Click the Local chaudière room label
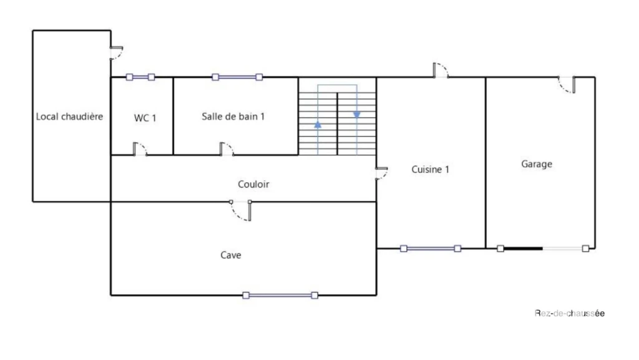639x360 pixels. (x=69, y=117)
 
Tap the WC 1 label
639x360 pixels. (x=145, y=118)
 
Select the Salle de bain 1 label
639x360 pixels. (x=233, y=117)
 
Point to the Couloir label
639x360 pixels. (x=253, y=184)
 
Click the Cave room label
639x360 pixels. (x=231, y=255)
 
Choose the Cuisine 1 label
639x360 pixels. (x=431, y=170)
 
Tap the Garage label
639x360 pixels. (x=537, y=163)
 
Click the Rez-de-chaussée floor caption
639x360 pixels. (x=569, y=313)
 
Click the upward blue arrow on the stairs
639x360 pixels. (x=318, y=125)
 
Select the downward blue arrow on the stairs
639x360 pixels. (x=357, y=115)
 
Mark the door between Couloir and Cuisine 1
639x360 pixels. (x=381, y=173)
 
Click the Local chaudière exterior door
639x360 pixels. (x=117, y=54)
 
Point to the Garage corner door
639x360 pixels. (x=567, y=85)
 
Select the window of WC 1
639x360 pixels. (x=140, y=77)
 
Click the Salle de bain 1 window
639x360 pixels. (x=237, y=77)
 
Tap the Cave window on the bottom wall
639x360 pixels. (x=280, y=295)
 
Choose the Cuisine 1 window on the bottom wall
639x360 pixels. (x=431, y=248)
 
